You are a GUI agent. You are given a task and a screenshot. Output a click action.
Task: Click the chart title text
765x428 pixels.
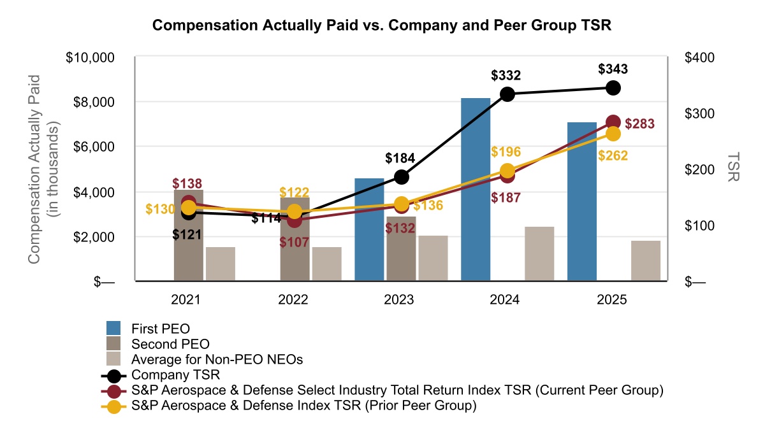coord(382,25)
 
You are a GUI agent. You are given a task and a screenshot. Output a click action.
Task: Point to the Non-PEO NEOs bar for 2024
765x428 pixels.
coord(539,253)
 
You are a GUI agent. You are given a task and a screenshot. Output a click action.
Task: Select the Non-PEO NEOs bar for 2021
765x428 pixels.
coord(221,264)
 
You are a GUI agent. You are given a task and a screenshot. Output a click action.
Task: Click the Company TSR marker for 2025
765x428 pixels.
coord(613,88)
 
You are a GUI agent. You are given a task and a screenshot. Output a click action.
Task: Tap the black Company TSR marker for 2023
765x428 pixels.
coord(402,177)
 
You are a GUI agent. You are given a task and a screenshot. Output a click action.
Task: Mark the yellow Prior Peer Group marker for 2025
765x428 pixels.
coord(613,134)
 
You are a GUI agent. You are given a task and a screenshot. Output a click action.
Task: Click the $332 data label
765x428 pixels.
coord(506,75)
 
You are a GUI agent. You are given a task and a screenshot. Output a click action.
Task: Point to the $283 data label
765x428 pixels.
coord(639,124)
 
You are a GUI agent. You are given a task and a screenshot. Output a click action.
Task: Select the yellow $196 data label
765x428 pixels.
coord(506,152)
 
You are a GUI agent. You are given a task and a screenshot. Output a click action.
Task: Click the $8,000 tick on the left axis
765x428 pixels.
coord(90,102)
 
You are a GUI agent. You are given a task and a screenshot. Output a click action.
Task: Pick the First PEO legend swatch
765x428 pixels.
coord(113,329)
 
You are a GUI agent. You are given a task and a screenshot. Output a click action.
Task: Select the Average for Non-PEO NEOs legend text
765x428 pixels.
coord(217,359)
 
